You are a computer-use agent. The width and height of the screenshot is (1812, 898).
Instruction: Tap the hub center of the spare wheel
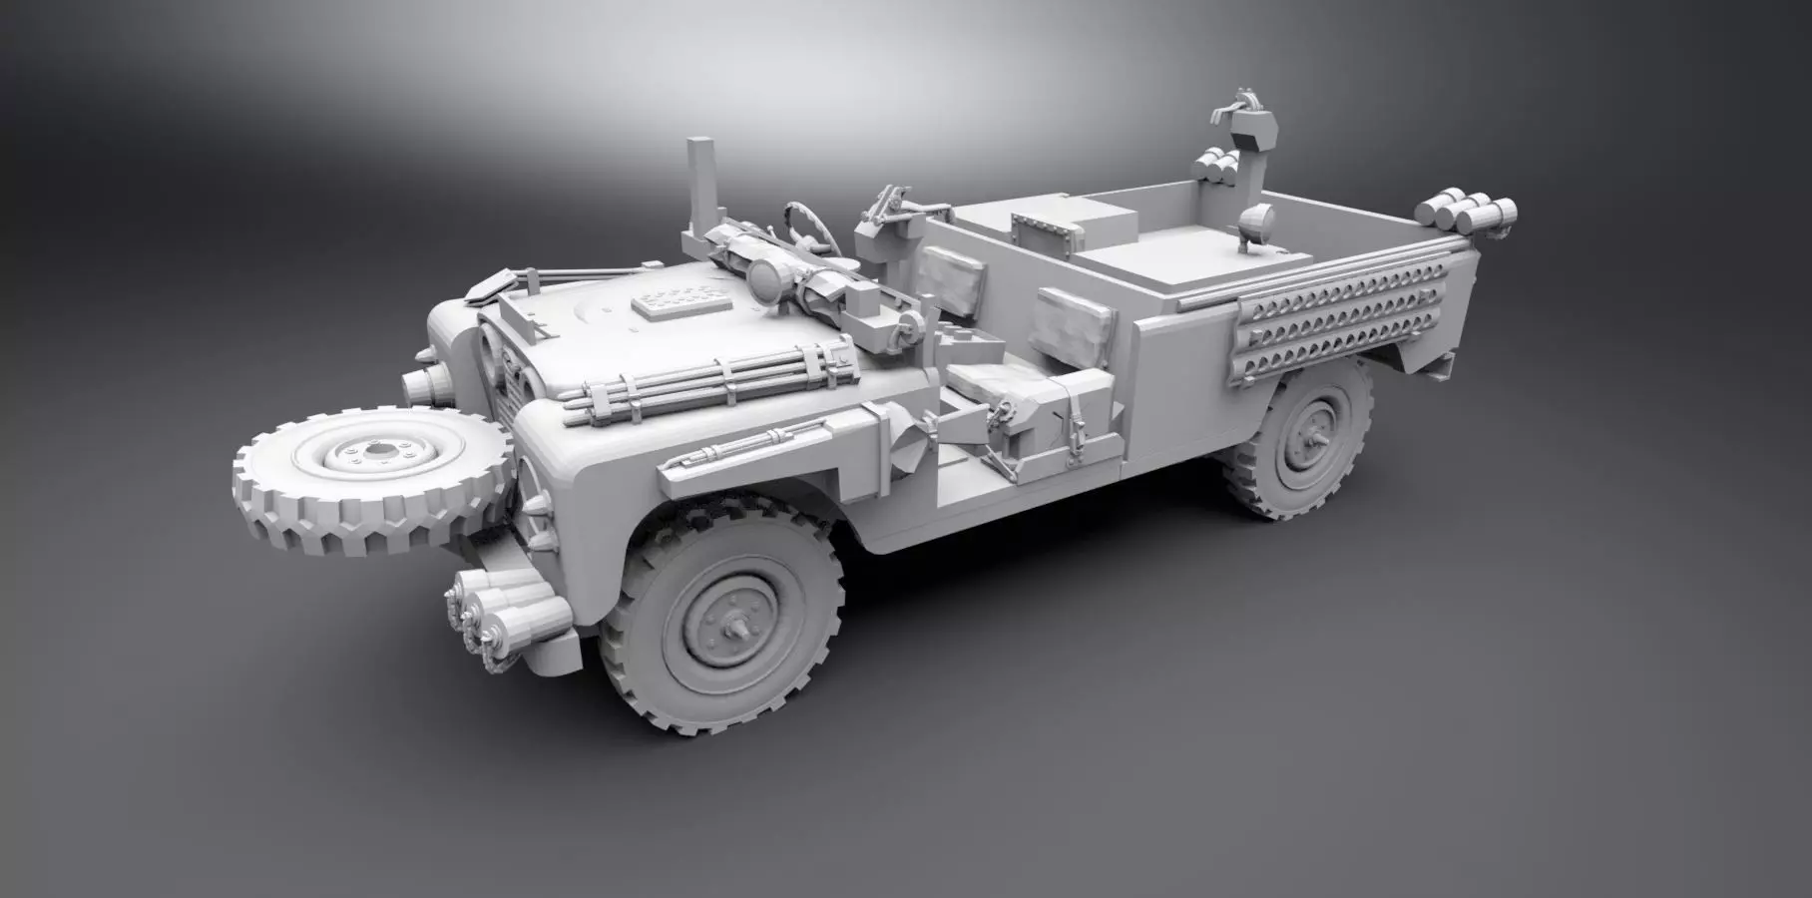[x=378, y=453]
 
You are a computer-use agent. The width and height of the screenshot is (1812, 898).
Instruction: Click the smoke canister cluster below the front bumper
[x=504, y=604]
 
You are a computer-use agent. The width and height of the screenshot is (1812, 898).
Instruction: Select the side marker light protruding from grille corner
[x=424, y=382]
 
